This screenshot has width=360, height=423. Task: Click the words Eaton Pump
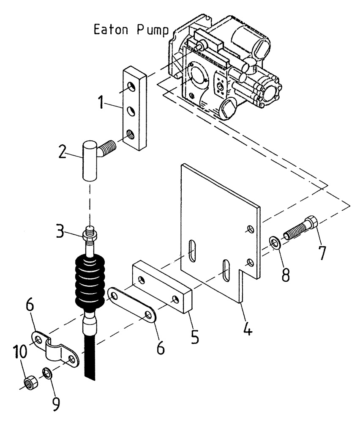131,30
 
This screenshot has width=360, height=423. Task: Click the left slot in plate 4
192,251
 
